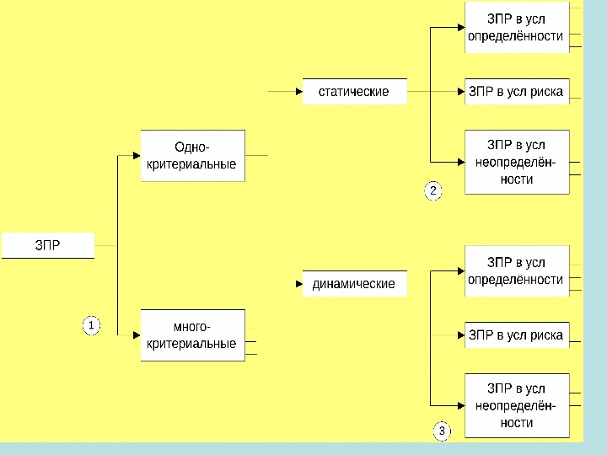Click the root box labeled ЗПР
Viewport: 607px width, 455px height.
(47, 245)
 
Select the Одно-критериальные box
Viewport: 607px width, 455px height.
(192, 156)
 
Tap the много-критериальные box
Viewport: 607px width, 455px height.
(192, 335)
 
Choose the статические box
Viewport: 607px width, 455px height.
(354, 91)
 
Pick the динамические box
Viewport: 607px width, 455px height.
(354, 284)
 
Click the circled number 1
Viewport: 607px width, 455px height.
(91, 325)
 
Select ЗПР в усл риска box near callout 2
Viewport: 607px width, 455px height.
(517, 91)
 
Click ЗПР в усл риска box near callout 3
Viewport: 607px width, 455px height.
(517, 335)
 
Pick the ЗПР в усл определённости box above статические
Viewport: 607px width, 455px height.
(517, 28)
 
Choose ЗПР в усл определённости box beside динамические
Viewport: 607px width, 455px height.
(517, 270)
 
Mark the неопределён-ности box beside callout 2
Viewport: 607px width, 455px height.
(517, 162)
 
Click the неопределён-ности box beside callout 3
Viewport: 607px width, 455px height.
(517, 405)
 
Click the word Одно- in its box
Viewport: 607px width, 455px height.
(192, 148)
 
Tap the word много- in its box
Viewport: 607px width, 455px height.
(192, 327)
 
